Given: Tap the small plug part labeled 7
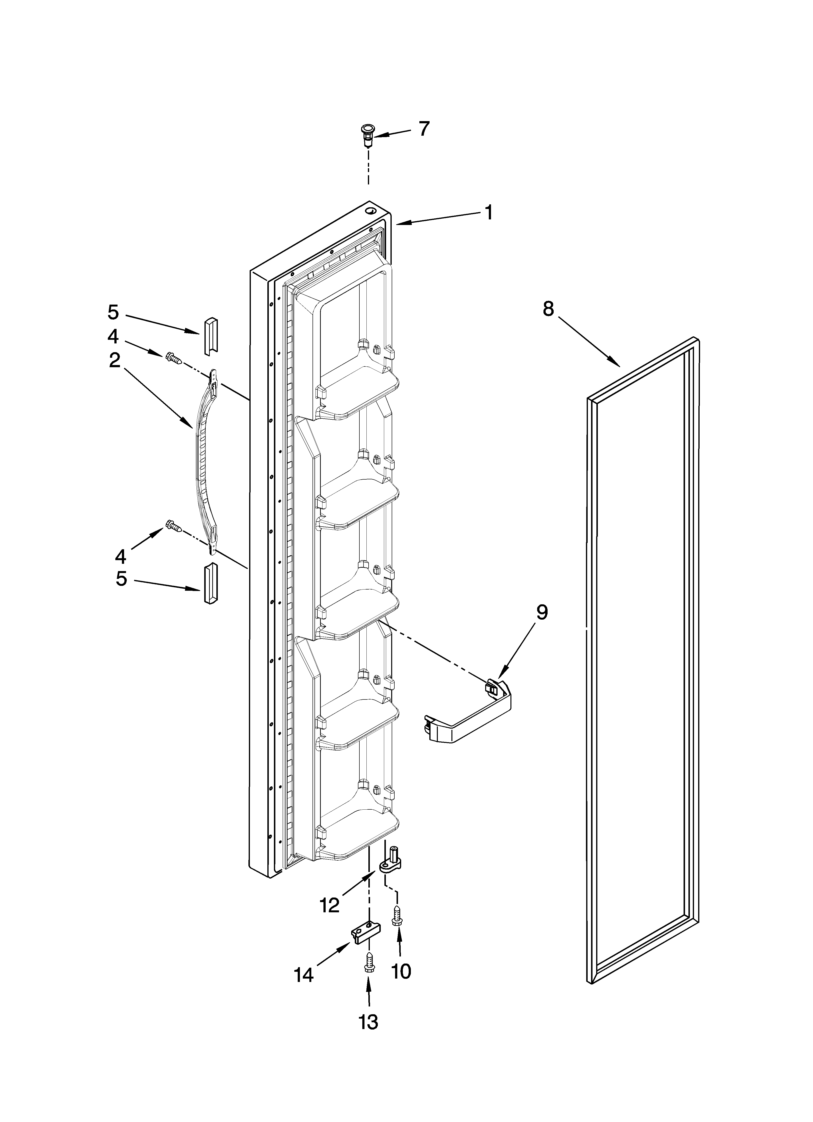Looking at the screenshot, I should click(367, 135).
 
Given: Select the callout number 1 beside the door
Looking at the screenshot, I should click(488, 213).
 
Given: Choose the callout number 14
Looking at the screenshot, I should click(304, 975).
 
